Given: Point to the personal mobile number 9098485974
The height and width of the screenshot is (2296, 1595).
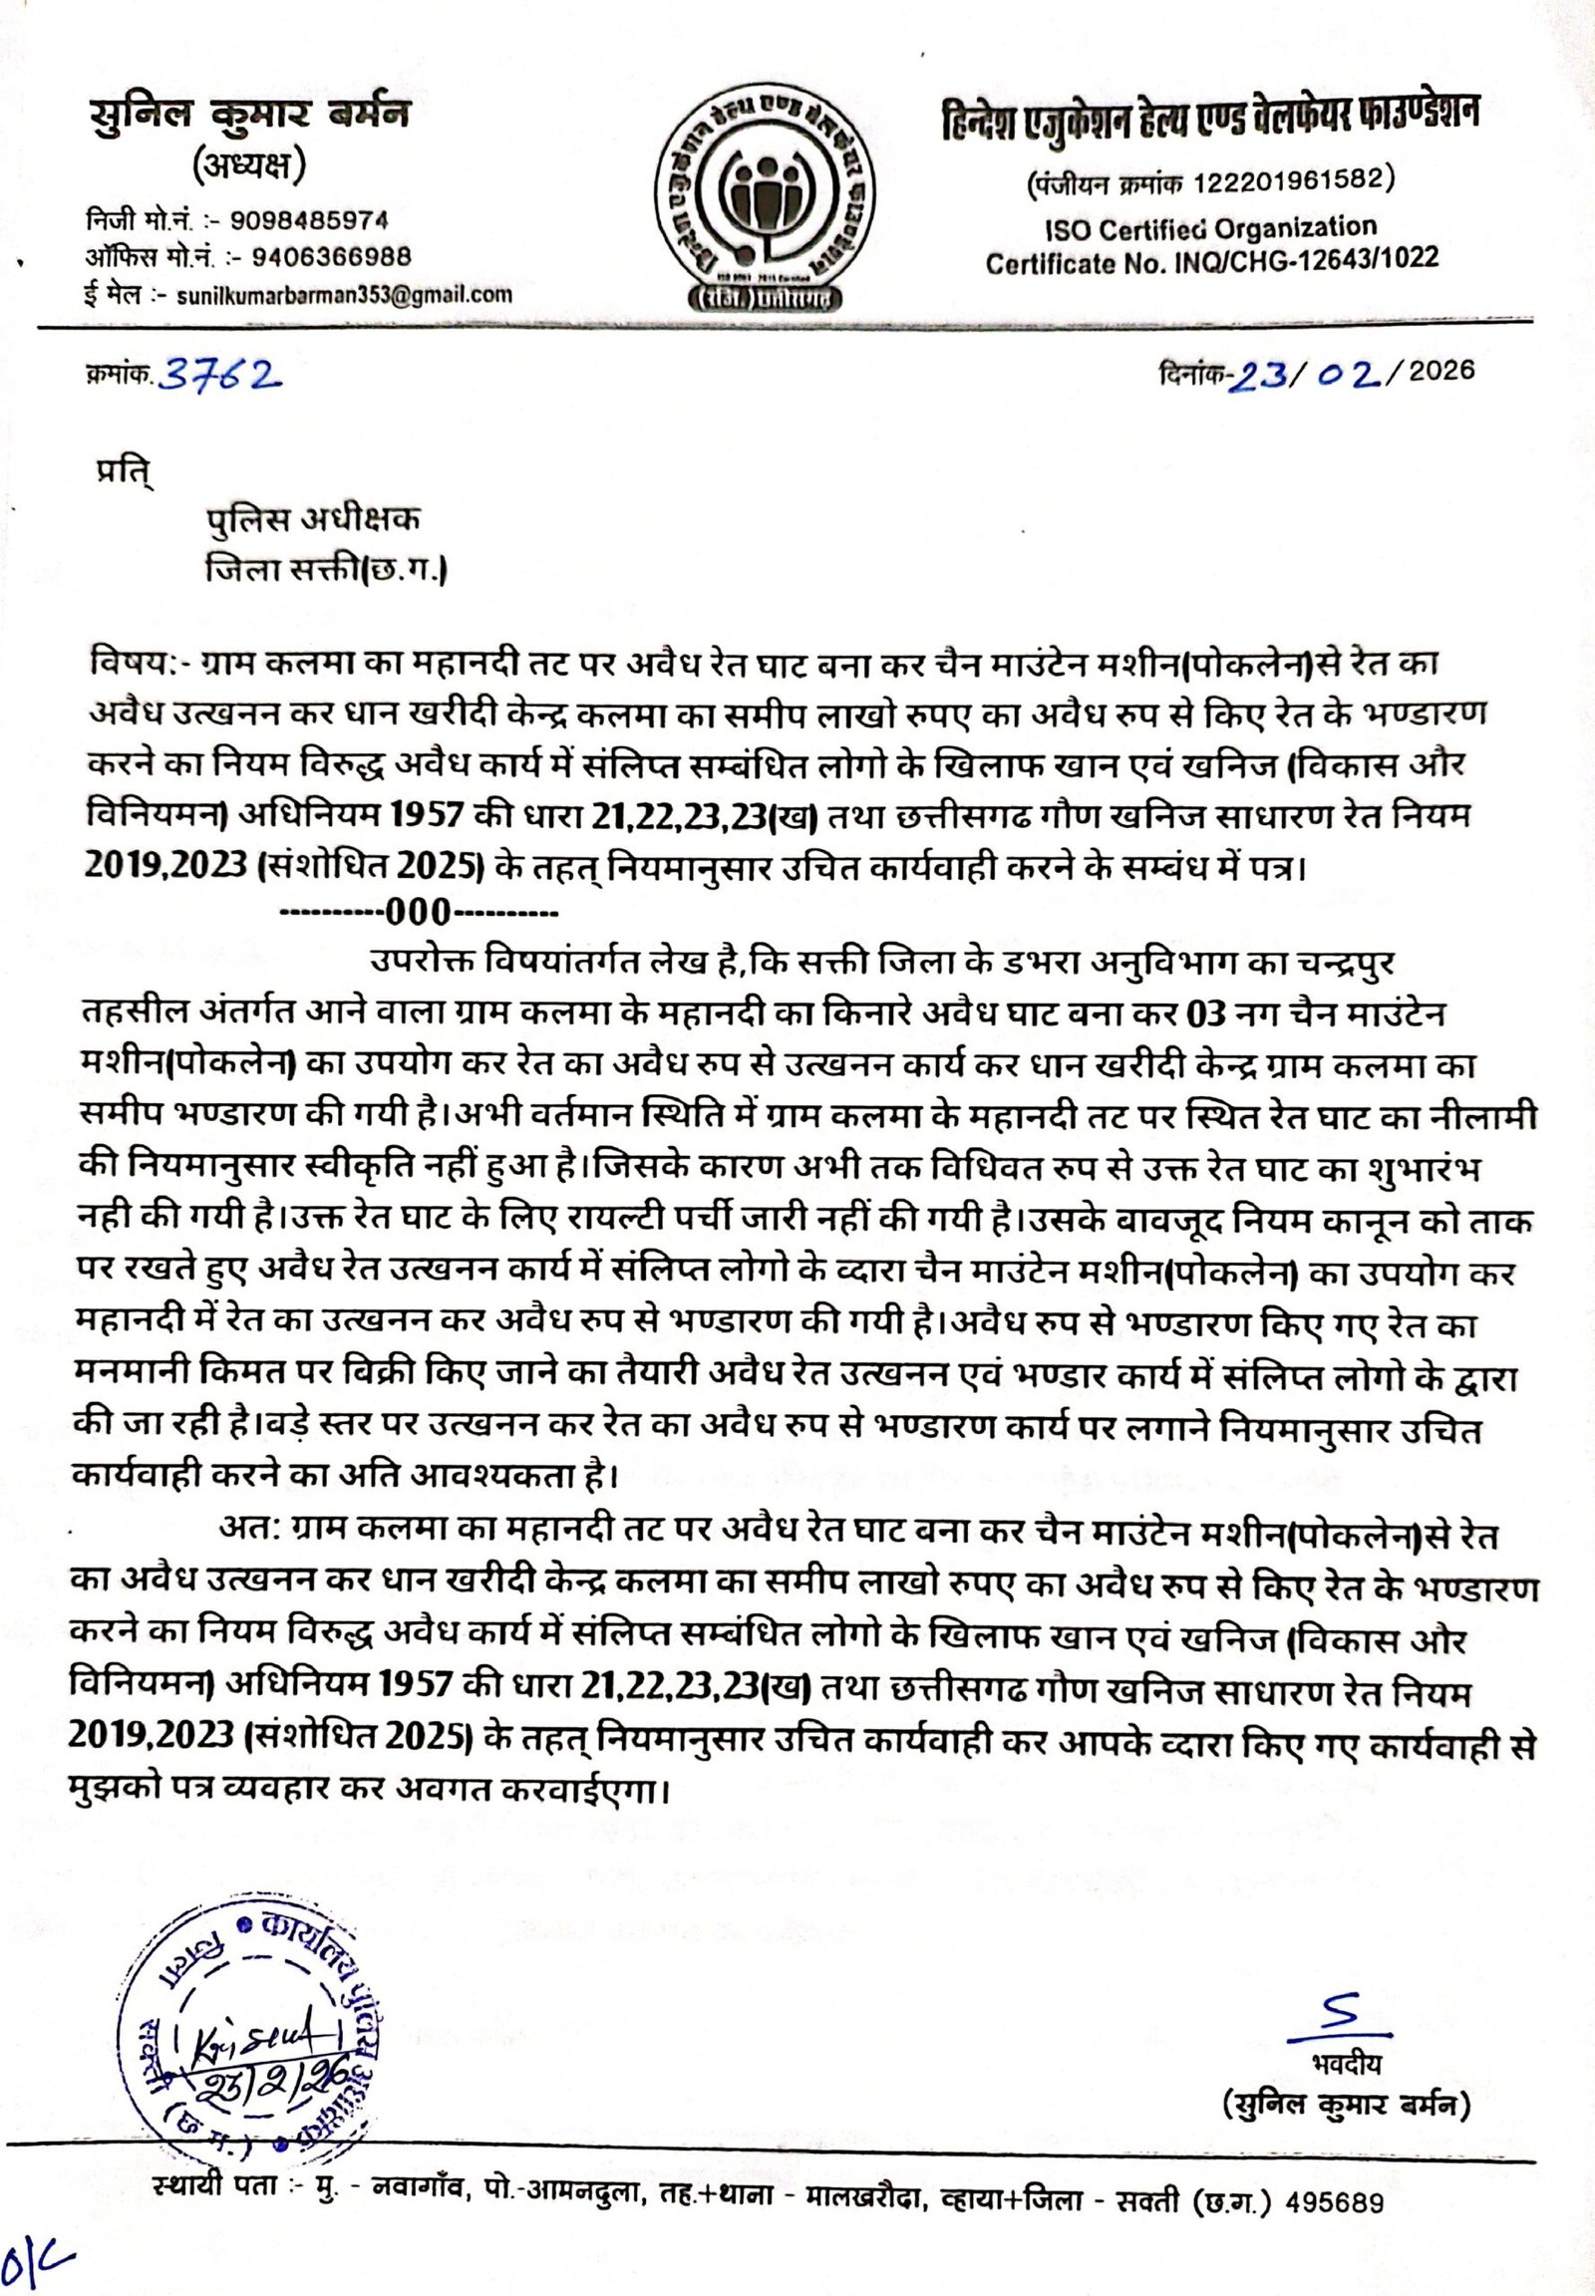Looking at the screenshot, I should pos(310,220).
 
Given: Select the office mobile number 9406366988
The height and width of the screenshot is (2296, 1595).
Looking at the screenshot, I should pos(332,257).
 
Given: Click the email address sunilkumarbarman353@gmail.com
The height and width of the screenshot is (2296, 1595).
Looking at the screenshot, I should pos(344,295).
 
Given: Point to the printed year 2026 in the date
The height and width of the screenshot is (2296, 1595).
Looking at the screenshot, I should pos(1444,371).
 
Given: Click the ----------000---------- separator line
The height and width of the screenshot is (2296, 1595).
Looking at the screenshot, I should pos(418,912).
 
